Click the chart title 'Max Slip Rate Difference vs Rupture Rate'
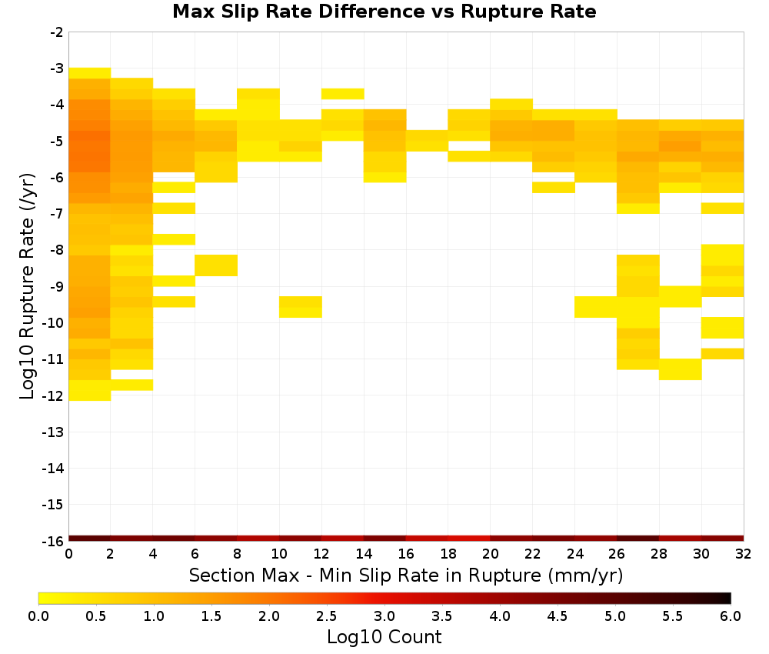coord(384,12)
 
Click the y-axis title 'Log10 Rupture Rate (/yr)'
coord(28,286)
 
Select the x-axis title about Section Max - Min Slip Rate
coord(405,575)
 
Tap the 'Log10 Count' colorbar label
coord(384,637)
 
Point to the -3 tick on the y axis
coord(57,68)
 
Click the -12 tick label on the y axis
coord(54,395)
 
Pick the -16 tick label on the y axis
coord(54,541)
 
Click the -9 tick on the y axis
coord(57,286)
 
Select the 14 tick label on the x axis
coord(364,554)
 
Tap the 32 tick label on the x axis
coord(744,554)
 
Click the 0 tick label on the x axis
coord(68,554)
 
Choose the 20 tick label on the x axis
coord(490,554)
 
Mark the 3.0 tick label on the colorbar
coord(384,616)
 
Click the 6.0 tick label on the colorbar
coord(731,616)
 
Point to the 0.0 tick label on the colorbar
coord(38,616)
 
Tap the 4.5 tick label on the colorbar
coord(557,616)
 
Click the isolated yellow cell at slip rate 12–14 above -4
coord(342,94)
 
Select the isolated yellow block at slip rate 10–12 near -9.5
coord(301,307)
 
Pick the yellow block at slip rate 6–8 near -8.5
coord(216,265)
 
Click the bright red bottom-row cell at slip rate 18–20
coord(469,539)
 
